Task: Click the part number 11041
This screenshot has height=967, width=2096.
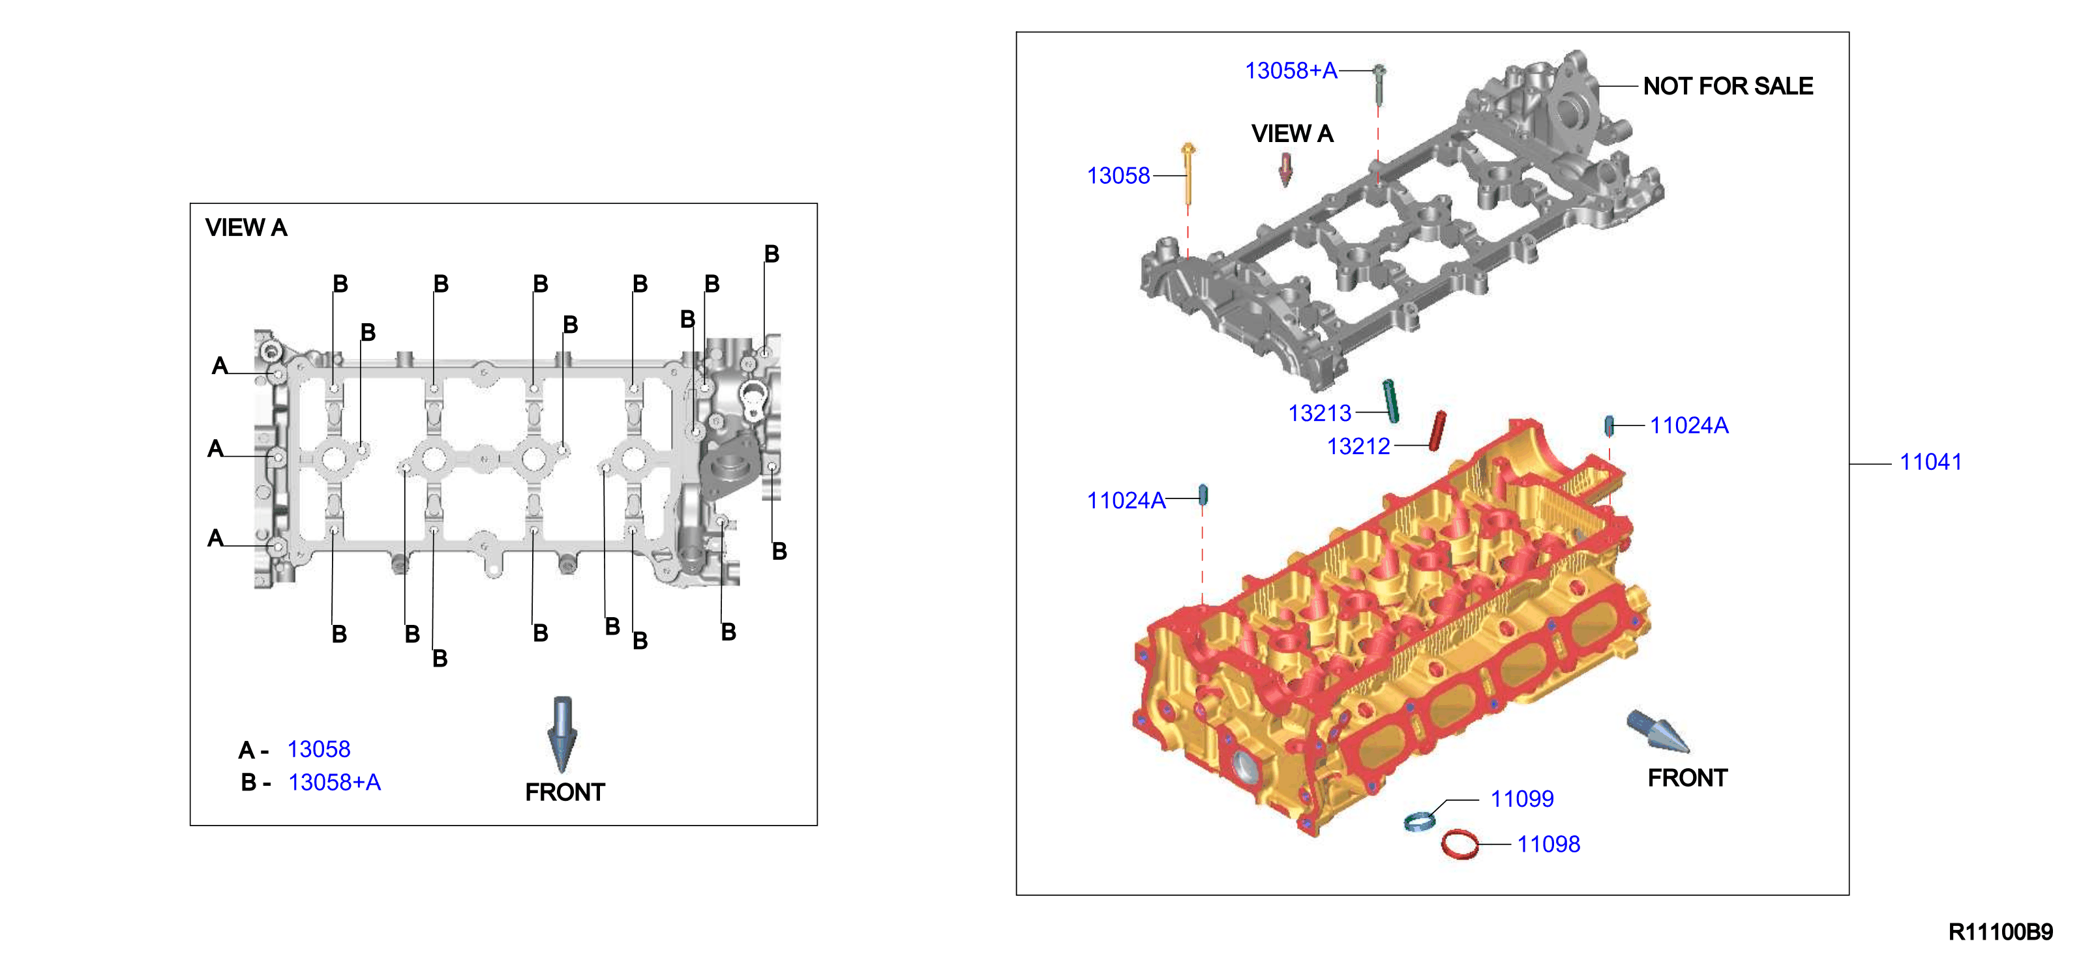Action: (x=1930, y=462)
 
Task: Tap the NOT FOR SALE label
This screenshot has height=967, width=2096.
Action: (x=1728, y=86)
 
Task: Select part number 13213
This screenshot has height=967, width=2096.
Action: (x=1319, y=413)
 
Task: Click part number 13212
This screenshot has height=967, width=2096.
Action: (x=1358, y=446)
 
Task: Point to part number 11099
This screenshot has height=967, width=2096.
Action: (x=1521, y=799)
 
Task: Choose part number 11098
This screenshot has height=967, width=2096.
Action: (x=1548, y=844)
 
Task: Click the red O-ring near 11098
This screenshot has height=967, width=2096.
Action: (x=1460, y=844)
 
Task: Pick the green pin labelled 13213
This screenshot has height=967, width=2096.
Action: (x=1390, y=401)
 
